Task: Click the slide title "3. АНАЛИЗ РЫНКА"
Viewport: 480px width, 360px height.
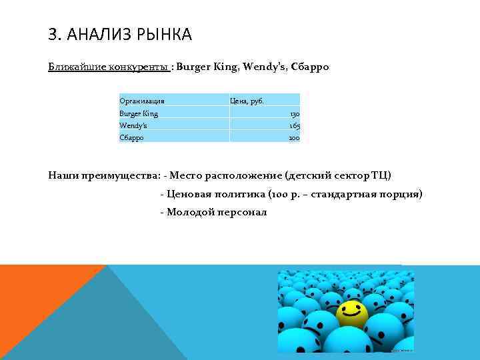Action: [120, 34]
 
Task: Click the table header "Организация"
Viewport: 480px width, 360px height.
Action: [142, 101]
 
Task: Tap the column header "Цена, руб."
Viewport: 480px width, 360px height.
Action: [247, 101]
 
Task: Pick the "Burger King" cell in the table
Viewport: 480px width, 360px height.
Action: [139, 114]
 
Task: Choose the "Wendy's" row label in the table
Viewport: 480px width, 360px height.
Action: [133, 125]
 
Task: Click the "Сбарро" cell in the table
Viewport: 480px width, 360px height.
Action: [132, 137]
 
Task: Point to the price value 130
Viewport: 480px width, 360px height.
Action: [294, 114]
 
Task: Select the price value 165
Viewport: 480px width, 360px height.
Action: [294, 125]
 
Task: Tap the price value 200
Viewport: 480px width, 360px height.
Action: [293, 137]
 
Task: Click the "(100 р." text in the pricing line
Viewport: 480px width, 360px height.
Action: [283, 194]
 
